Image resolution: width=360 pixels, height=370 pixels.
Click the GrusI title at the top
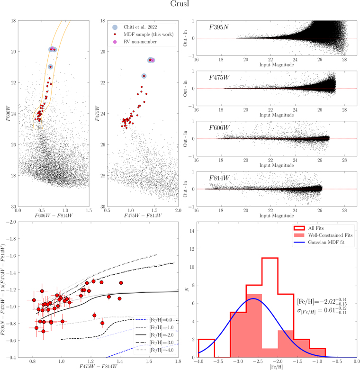(180, 4)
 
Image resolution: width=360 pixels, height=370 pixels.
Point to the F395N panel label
(219, 27)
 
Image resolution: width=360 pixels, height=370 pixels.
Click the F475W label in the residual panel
(219, 77)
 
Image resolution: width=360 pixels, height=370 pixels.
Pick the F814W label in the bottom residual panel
(219, 178)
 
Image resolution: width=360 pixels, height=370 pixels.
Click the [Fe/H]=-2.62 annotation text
(322, 302)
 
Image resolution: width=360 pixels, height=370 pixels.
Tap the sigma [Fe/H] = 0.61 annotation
(322, 310)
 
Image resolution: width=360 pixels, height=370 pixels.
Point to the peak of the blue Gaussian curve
(253, 298)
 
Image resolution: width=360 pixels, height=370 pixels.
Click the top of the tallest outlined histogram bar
(270, 258)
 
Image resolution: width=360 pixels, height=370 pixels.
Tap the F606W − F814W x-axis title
(54, 216)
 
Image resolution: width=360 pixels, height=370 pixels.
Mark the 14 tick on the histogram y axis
(192, 231)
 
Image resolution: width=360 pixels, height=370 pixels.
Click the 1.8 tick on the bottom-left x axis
(178, 361)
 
